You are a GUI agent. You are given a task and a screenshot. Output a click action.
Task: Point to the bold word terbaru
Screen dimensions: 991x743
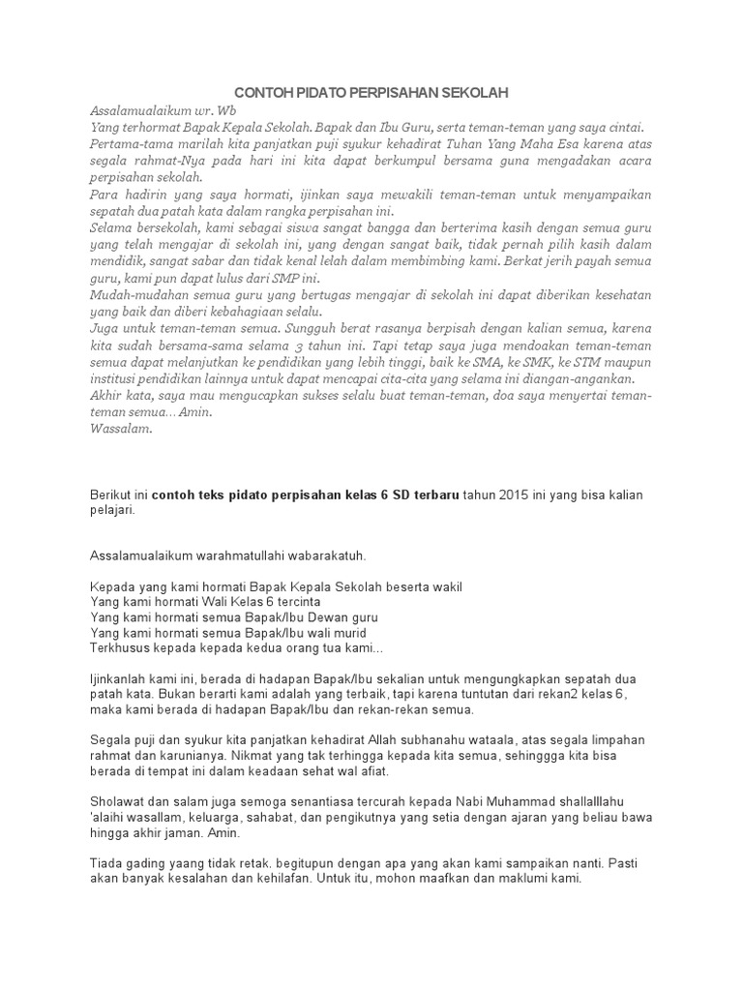click(x=431, y=495)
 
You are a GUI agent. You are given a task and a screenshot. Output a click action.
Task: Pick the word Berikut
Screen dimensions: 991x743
click(x=110, y=495)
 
